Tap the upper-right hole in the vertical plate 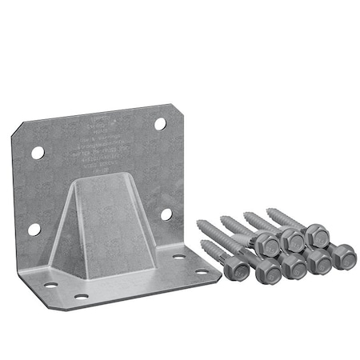pyautogui.click(x=159, y=124)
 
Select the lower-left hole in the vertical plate pyautogui.click(x=34, y=230)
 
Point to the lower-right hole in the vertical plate pyautogui.click(x=166, y=214)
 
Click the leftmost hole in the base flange pyautogui.click(x=52, y=285)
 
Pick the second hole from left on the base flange pyautogui.click(x=80, y=297)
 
